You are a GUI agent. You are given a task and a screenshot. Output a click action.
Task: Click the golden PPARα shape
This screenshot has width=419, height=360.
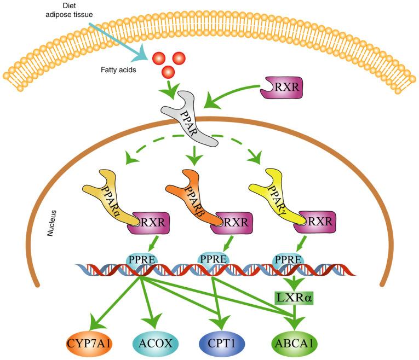[x=109, y=200]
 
